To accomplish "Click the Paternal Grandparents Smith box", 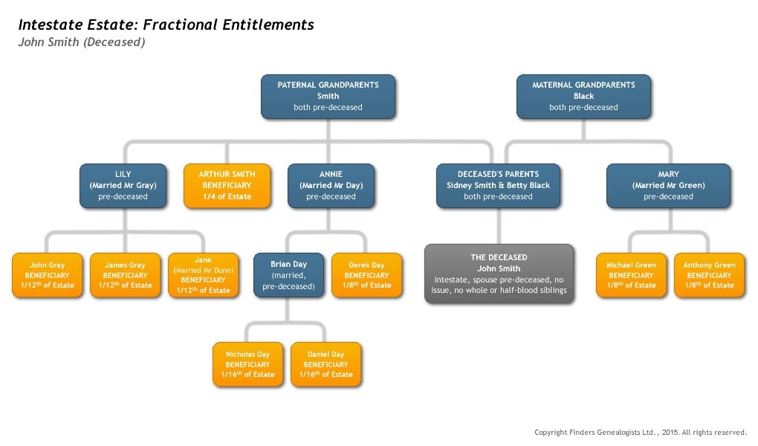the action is click(328, 97).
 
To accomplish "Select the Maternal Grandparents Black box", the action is click(583, 97).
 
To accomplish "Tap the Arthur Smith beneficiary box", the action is click(227, 186).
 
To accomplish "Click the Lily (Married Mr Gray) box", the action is click(123, 186).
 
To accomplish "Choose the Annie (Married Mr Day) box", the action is click(331, 186).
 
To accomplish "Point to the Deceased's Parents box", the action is click(498, 186).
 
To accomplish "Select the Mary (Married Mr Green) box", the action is click(668, 186).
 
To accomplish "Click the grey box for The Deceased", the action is click(499, 274).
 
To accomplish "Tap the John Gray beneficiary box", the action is click(48, 275).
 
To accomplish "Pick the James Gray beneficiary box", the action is click(125, 275).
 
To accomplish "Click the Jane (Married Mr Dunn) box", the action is click(203, 275).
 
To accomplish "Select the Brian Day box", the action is click(288, 275).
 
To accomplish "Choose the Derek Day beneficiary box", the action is click(366, 275).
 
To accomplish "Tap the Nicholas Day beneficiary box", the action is click(248, 364).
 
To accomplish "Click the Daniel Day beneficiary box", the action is click(325, 364).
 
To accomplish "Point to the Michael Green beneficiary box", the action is click(632, 275).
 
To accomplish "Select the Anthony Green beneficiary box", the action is click(709, 275).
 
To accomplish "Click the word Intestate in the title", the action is click(51, 25).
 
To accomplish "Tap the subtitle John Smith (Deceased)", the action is click(82, 42).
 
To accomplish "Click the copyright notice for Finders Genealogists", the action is click(641, 432).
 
